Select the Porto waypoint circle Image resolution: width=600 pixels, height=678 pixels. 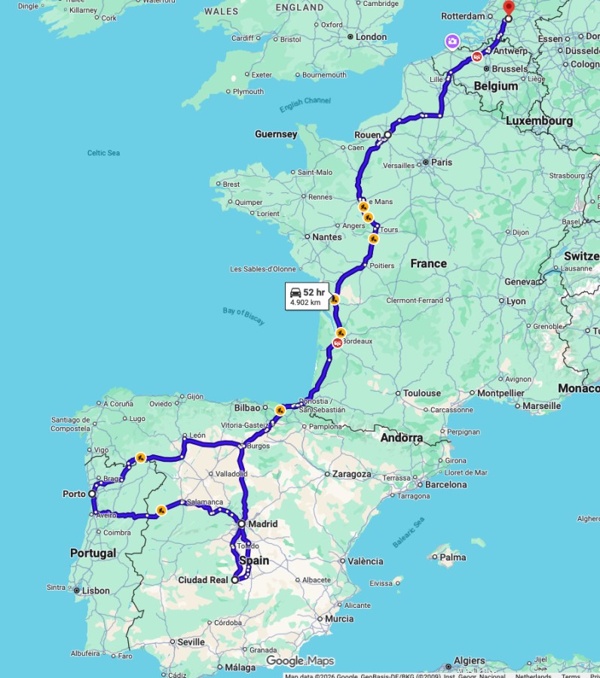click(x=92, y=494)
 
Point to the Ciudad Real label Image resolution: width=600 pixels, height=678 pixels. click(x=202, y=580)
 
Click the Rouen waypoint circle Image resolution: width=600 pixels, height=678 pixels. click(x=387, y=136)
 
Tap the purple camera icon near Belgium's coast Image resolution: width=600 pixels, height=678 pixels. click(x=452, y=41)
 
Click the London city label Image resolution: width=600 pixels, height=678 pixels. click(x=371, y=36)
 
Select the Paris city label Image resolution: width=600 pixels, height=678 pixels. click(x=442, y=162)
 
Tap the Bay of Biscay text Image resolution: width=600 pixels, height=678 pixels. click(x=243, y=317)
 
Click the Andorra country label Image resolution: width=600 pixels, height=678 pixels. click(x=401, y=438)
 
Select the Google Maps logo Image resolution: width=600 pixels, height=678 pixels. click(x=299, y=661)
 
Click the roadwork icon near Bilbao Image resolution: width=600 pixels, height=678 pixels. click(x=280, y=411)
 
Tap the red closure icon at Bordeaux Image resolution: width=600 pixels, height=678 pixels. click(x=338, y=344)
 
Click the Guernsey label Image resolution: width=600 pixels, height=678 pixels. click(x=276, y=134)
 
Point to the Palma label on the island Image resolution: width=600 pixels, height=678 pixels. click(x=453, y=557)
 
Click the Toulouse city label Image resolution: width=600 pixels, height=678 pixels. click(x=421, y=392)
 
